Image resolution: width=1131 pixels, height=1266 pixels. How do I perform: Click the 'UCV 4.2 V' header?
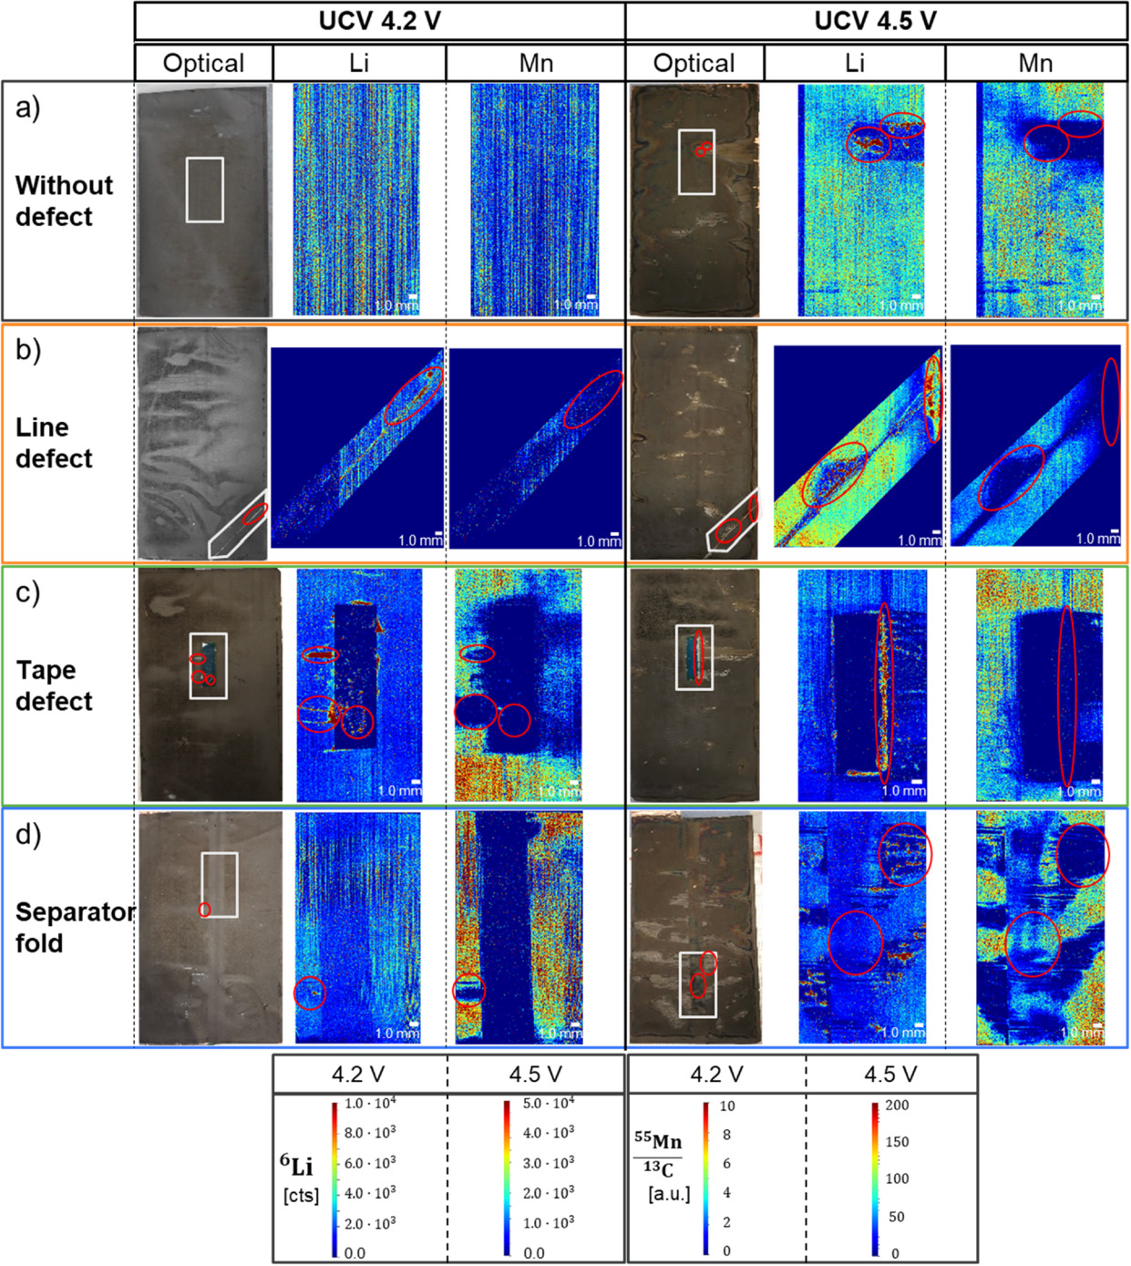coord(379,21)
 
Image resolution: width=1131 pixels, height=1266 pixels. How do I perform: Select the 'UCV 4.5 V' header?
coord(875,21)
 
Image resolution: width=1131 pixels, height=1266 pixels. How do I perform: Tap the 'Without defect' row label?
coord(64,201)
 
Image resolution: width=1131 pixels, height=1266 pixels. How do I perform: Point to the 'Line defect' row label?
coord(54,443)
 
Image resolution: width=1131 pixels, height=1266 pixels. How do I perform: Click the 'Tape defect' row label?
coord(54,685)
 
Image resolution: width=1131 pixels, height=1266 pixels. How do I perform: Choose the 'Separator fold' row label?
coord(73,927)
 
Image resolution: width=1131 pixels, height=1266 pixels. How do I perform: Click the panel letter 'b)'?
coord(28,350)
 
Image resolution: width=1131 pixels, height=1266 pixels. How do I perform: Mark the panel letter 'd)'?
coord(28,834)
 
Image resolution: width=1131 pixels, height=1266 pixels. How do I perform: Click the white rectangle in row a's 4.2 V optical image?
coord(204,190)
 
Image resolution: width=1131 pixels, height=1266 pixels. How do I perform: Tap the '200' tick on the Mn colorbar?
coord(897,1105)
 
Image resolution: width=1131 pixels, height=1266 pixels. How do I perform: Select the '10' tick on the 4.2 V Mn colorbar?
coord(726,1106)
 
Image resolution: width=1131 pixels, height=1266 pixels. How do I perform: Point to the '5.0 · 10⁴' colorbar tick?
coord(549,1103)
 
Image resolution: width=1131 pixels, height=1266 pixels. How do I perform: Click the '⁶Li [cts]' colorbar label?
coord(300,1178)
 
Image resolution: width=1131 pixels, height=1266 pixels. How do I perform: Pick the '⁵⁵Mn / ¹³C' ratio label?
coord(658,1155)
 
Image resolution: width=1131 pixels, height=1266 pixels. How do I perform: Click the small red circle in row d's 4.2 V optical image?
coord(205,910)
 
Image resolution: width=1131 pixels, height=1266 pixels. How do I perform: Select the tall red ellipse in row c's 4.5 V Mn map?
coord(1065,695)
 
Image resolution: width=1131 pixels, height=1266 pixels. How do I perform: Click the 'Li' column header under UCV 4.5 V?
coord(854,63)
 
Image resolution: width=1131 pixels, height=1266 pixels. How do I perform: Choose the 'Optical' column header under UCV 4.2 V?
coord(203,63)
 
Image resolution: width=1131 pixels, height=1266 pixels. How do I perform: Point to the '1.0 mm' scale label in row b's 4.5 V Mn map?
coord(1097,539)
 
